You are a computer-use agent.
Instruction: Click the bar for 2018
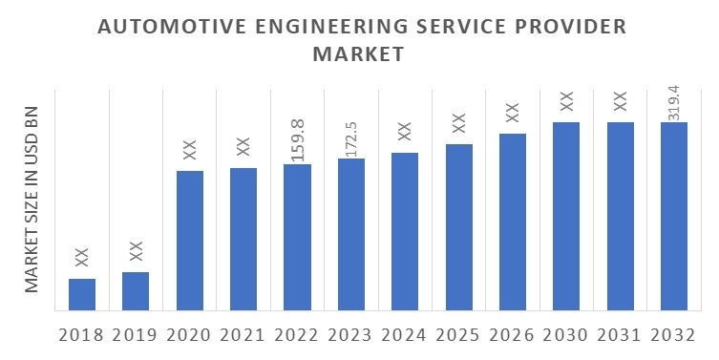click(x=82, y=294)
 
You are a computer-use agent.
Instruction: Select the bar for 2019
click(x=136, y=291)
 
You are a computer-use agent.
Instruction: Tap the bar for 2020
click(x=189, y=241)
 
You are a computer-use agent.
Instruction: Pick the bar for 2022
click(x=297, y=237)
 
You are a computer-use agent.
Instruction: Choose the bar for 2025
click(x=458, y=227)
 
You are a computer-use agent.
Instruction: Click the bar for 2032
click(x=674, y=216)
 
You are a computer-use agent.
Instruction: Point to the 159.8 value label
click(x=297, y=140)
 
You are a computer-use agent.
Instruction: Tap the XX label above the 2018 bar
click(x=82, y=257)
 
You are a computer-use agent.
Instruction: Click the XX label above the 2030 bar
click(x=566, y=100)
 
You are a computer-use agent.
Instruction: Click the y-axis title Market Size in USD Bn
click(x=31, y=199)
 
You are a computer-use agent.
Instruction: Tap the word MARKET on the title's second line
click(x=360, y=55)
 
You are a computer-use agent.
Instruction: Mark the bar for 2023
click(x=350, y=234)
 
